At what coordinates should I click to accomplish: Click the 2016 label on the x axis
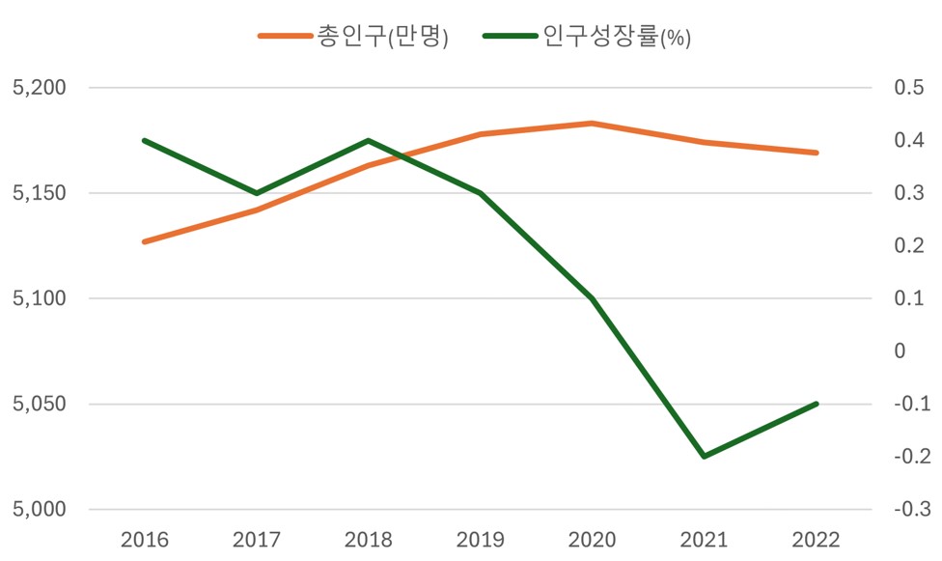pos(144,539)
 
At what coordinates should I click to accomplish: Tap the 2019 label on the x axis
pos(481,539)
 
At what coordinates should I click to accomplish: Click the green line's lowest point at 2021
pos(705,457)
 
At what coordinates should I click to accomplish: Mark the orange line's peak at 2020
pos(593,123)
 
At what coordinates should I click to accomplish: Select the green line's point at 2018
pos(369,140)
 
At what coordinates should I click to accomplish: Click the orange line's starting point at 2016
pos(144,241)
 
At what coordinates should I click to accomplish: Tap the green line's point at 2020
pos(593,298)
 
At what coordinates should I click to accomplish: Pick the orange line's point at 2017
pos(256,210)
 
